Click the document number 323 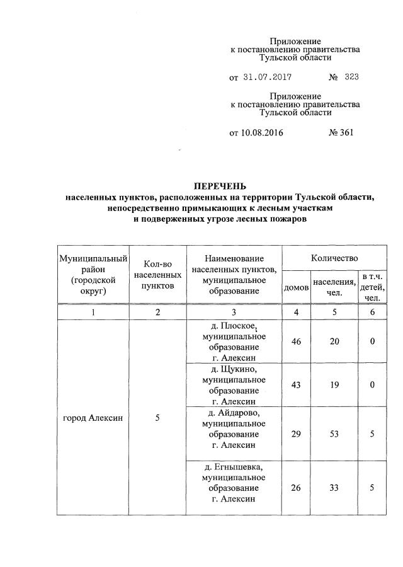tap(351, 77)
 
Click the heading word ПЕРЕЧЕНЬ tap(220, 186)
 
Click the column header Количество tap(334, 258)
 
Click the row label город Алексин tap(93, 417)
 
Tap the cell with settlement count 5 tap(157, 417)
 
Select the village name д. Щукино tap(234, 370)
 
